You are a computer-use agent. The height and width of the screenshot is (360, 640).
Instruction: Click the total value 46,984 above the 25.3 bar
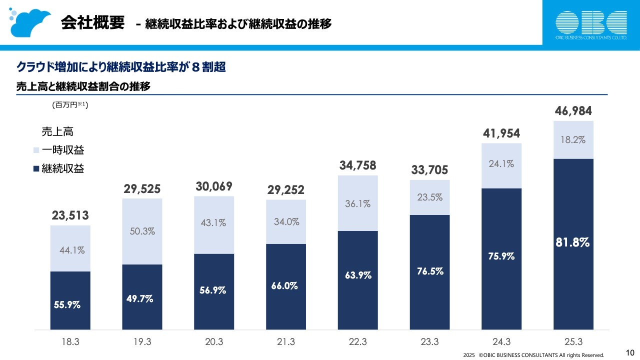573,111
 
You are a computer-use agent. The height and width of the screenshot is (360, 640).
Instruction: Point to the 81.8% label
573,242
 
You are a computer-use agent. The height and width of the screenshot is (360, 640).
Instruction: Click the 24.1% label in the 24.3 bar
501,163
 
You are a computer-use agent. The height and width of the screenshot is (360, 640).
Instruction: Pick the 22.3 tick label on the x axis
357,342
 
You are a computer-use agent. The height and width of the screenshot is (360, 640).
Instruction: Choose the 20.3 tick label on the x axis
214,342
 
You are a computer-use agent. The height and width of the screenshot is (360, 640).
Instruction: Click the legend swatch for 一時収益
35,150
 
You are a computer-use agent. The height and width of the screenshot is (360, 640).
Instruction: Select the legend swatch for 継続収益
35,169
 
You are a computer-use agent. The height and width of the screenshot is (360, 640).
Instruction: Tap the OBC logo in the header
591,24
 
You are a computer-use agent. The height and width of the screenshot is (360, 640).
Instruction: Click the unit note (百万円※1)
70,105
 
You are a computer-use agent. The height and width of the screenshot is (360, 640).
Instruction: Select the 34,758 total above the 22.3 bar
357,165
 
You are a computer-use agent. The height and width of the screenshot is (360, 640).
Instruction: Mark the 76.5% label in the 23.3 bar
429,271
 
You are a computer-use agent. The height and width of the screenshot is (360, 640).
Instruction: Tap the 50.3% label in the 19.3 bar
142,231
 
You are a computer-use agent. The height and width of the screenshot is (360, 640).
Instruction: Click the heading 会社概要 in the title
92,23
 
